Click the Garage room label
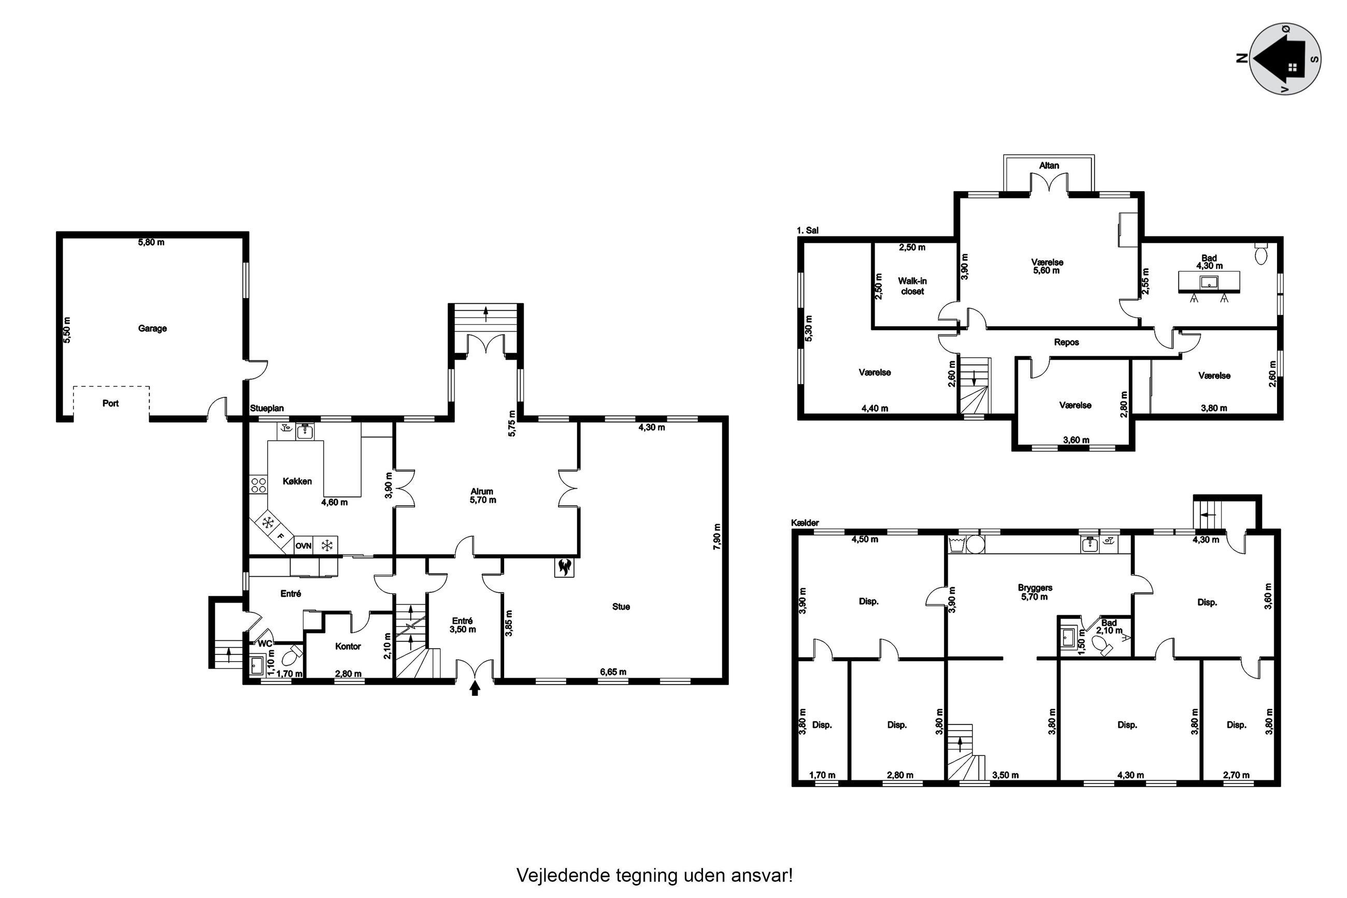pos(152,329)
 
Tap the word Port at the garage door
pos(110,403)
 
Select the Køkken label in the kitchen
pos(297,481)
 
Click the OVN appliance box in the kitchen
pos(303,546)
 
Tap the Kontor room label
pos(348,646)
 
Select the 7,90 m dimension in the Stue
pos(717,537)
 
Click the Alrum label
pos(482,491)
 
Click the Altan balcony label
pos(1049,165)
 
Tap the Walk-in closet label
pos(912,286)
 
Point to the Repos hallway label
pos(1067,343)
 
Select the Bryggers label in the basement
pos(1035,588)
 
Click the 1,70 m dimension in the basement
pos(822,775)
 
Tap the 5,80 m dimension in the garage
pos(151,243)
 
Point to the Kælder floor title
pos(805,523)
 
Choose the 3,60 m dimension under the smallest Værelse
pos(1076,440)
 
